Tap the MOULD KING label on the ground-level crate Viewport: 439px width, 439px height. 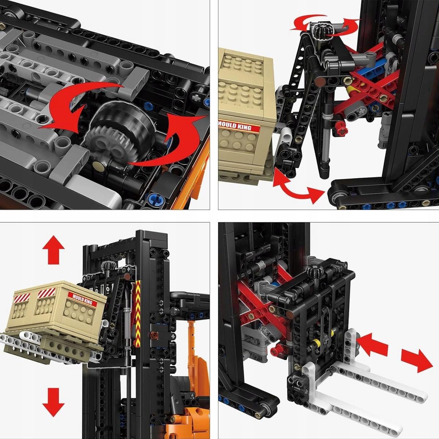(x=238, y=126)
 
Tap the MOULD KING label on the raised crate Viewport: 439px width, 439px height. (x=82, y=299)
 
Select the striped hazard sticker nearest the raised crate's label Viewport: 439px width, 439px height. (x=46, y=293)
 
